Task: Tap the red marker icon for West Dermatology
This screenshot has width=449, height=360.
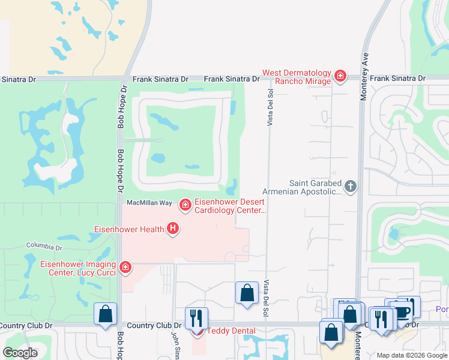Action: (340, 76)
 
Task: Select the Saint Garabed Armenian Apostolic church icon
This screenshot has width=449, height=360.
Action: (351, 187)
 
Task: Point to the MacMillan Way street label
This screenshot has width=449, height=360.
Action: (149, 203)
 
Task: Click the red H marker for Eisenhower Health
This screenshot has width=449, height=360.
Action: (173, 228)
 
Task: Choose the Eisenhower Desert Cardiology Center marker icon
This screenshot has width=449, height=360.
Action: (185, 206)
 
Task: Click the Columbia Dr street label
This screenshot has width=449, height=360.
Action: (44, 247)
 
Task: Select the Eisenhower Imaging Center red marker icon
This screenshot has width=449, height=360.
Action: (125, 267)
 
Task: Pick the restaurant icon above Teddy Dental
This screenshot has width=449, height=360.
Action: (196, 317)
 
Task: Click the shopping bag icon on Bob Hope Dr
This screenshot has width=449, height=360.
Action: (105, 314)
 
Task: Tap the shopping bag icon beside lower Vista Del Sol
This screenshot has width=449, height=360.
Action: (246, 293)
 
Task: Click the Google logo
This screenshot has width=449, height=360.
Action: (20, 353)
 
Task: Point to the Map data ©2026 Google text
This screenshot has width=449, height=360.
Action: (412, 355)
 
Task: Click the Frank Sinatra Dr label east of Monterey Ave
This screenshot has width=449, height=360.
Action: (397, 79)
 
